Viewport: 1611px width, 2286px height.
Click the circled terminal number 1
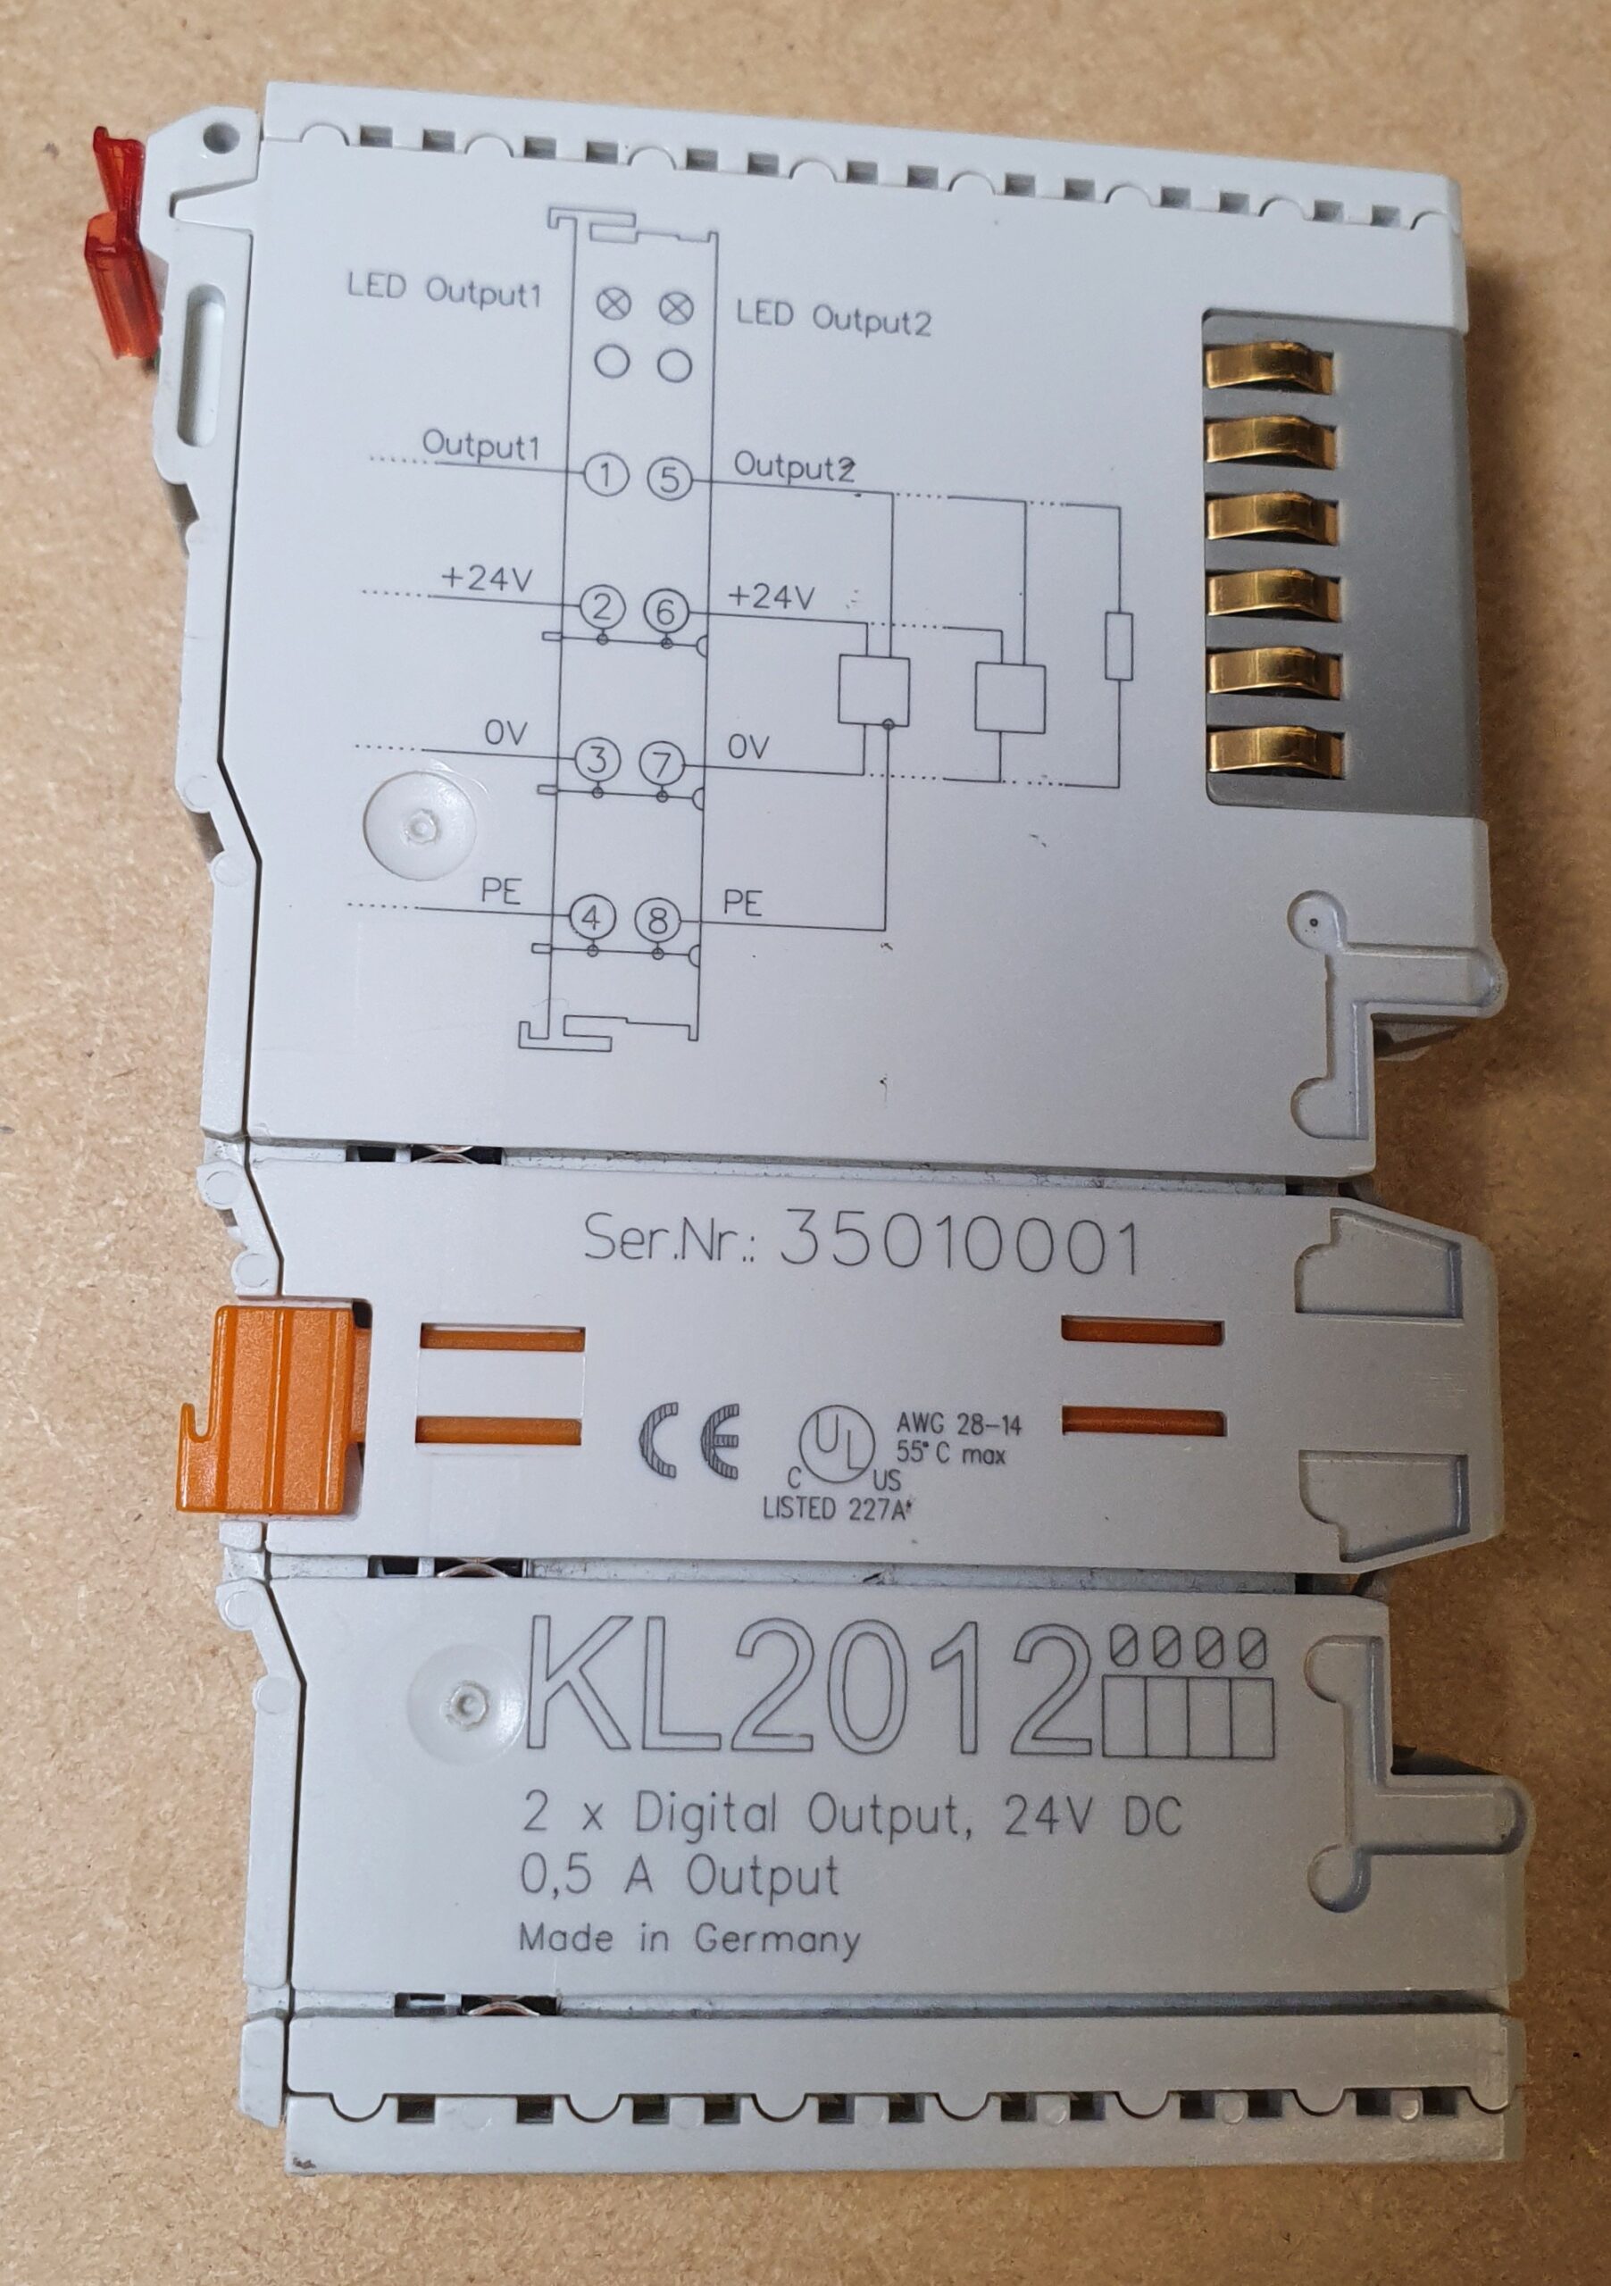point(605,476)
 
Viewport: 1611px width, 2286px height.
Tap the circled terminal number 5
point(670,479)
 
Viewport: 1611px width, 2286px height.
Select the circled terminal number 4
point(591,917)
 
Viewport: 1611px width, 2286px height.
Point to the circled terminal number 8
point(657,920)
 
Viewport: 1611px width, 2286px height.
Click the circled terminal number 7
point(662,764)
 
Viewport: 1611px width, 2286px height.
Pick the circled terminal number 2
point(600,607)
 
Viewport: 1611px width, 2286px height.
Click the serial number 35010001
point(959,1246)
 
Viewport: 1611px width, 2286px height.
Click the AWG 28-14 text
point(959,1426)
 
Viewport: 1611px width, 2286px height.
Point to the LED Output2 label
point(833,318)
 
